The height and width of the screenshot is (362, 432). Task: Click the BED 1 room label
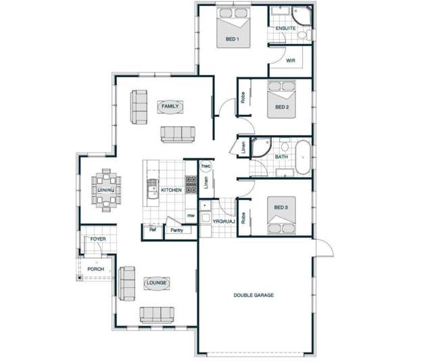[232, 40]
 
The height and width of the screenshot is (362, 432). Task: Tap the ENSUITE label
[285, 28]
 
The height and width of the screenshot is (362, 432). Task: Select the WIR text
[291, 60]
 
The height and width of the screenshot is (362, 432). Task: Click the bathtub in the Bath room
[303, 157]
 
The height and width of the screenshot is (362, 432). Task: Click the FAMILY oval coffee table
[170, 106]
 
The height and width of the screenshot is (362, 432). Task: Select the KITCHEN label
[171, 190]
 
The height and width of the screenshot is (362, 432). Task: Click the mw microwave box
[191, 215]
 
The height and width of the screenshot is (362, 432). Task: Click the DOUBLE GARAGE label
[254, 295]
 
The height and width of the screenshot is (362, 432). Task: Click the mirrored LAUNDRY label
[224, 221]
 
